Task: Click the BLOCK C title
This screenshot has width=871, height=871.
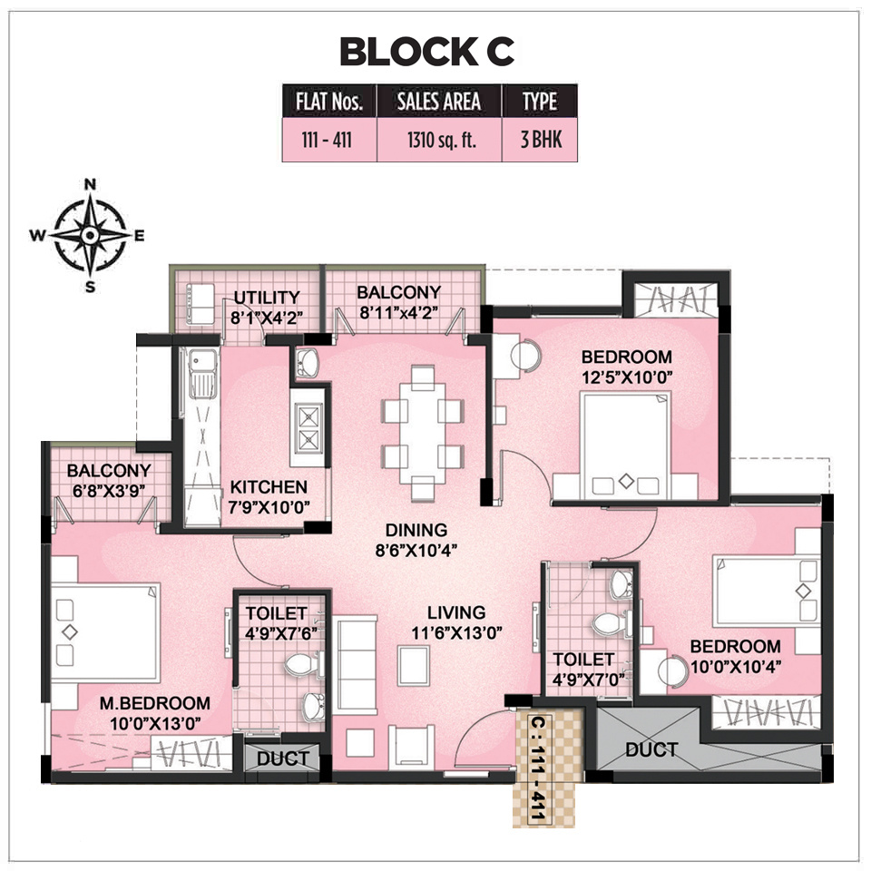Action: coord(426,52)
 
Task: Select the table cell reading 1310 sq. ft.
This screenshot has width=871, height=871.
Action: coord(438,142)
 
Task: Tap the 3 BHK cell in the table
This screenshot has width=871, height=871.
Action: coord(539,142)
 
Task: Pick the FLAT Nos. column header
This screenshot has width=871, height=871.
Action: coord(329,102)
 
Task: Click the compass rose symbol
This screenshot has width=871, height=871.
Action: coord(90,235)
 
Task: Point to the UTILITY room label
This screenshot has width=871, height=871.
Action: coord(266,298)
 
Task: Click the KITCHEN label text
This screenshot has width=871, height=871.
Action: coord(268,487)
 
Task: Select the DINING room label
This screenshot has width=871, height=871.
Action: coord(416,530)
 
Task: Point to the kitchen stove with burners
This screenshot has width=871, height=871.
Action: coord(308,426)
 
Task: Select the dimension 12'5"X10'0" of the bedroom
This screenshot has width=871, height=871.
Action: coord(627,376)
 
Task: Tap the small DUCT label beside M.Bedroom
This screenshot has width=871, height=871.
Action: coord(282,758)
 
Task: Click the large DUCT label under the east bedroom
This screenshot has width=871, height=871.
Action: coord(651,749)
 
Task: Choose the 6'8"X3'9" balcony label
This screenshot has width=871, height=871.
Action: coord(108,489)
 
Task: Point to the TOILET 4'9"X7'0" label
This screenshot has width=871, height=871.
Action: coord(583,669)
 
